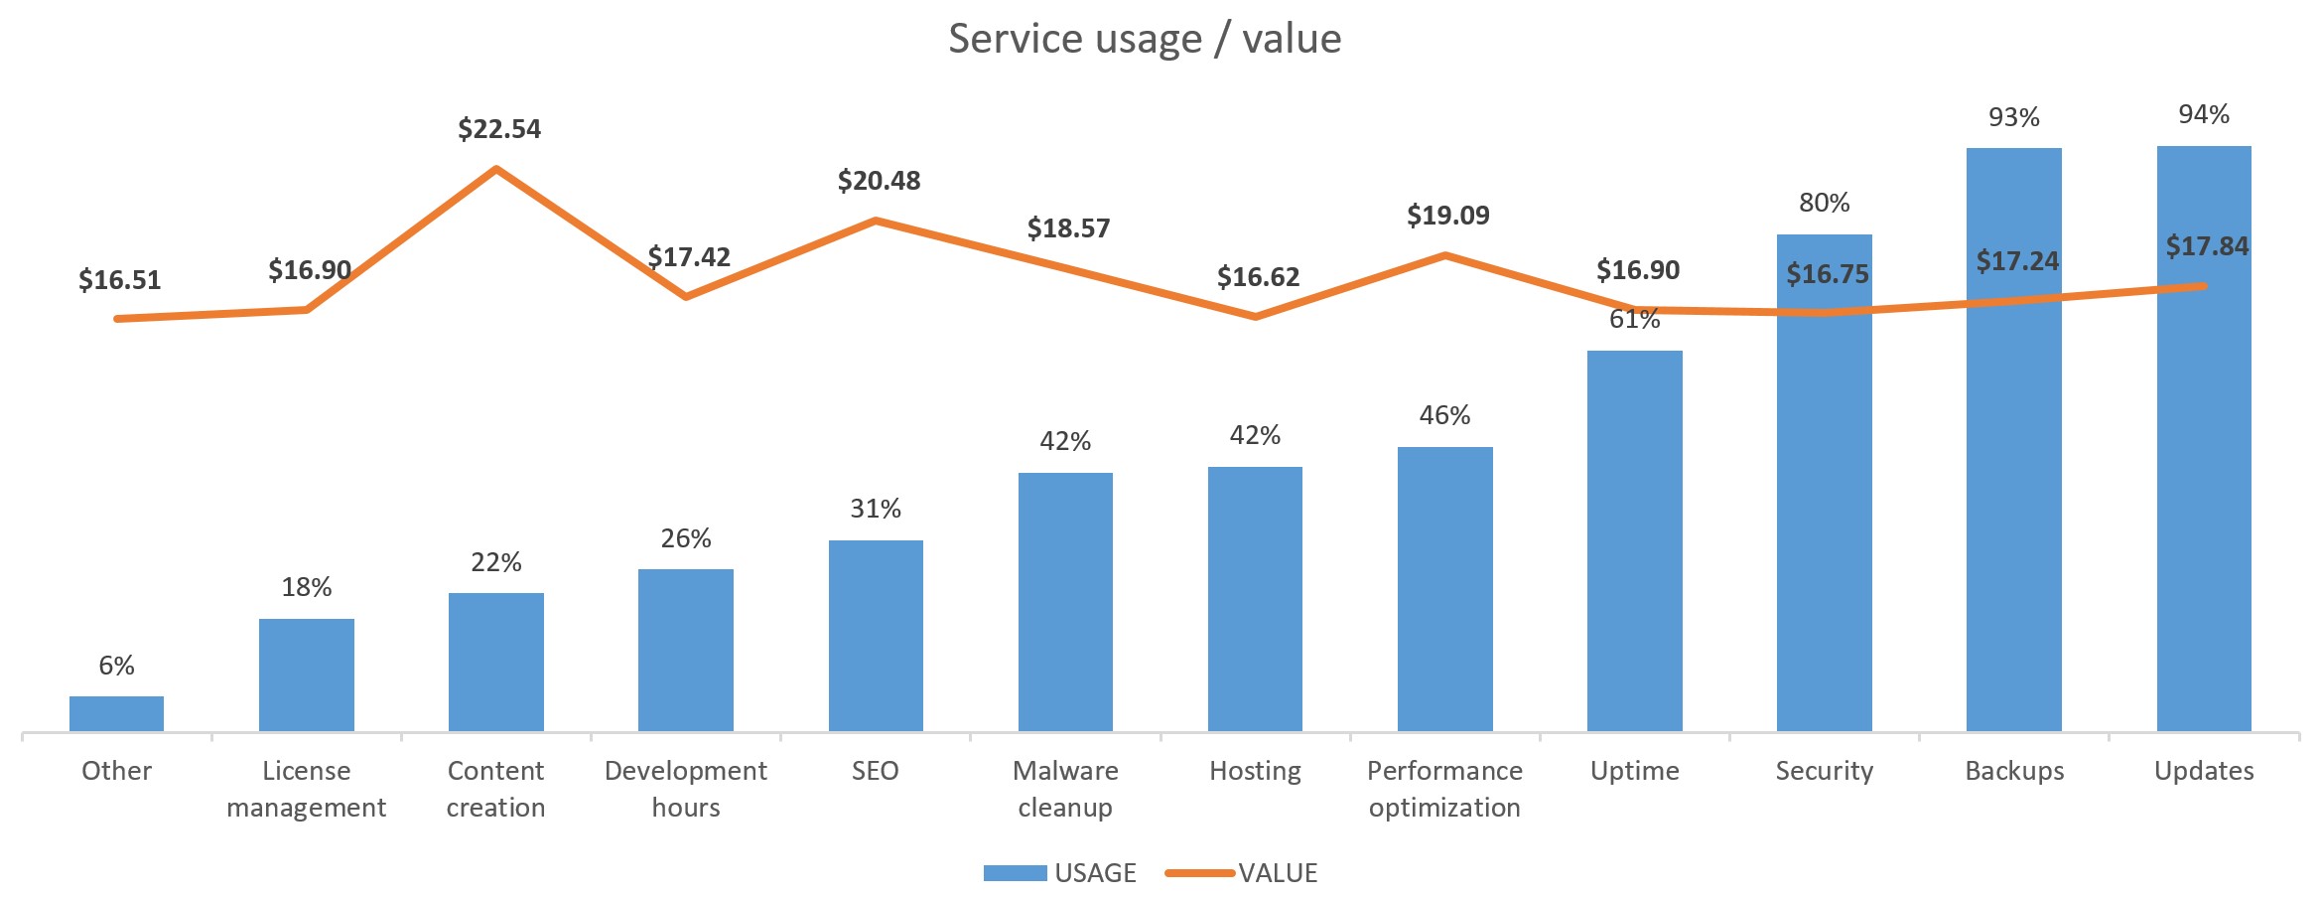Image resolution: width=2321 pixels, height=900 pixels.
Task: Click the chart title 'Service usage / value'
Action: pyautogui.click(x=1145, y=39)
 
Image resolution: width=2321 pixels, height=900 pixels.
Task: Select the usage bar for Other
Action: pyautogui.click(x=116, y=714)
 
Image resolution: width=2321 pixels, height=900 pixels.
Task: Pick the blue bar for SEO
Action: pyautogui.click(x=876, y=636)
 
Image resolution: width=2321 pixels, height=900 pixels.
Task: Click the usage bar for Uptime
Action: pyautogui.click(x=1634, y=541)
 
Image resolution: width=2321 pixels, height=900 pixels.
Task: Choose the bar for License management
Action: pyautogui.click(x=306, y=675)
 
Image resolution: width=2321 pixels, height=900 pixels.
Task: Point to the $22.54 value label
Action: pyautogui.click(x=499, y=129)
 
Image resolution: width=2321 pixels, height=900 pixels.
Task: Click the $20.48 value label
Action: pyautogui.click(x=879, y=181)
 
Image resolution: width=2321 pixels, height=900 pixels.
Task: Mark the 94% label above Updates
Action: pyautogui.click(x=2204, y=115)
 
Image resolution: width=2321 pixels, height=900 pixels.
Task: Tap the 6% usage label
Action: pyautogui.click(x=116, y=666)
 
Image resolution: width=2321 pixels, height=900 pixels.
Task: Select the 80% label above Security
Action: pyautogui.click(x=1824, y=204)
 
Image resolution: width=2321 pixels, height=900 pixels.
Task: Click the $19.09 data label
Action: pyautogui.click(x=1447, y=216)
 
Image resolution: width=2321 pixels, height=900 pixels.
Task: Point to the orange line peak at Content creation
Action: pyautogui.click(x=496, y=169)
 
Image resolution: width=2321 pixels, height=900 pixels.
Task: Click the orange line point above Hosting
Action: pyautogui.click(x=1255, y=317)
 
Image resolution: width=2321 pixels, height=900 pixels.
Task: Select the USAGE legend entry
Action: pyautogui.click(x=1060, y=873)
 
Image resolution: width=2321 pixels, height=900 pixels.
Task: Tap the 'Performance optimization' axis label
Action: pyautogui.click(x=1444, y=789)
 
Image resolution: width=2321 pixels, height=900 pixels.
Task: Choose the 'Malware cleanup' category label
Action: pyautogui.click(x=1065, y=789)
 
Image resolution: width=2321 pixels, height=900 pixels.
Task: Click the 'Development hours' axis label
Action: pyautogui.click(x=686, y=789)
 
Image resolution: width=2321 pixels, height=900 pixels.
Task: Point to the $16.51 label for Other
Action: pyautogui.click(x=119, y=280)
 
